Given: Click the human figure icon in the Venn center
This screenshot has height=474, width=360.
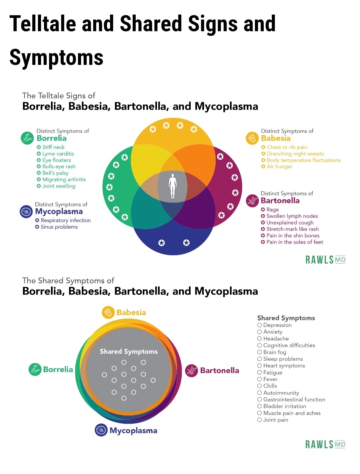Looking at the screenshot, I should pos(172,186).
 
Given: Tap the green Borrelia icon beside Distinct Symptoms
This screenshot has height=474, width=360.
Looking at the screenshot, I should pos(27,138).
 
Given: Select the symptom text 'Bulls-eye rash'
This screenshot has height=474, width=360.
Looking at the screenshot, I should pos(59,166).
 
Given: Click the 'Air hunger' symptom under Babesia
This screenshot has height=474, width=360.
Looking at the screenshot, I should pos(279,166).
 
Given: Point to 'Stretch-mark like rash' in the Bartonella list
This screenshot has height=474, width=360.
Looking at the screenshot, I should pos(292,229).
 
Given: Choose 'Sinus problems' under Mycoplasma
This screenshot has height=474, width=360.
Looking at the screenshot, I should pos(59,227).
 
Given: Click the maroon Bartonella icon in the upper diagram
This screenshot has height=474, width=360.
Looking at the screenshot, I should pos(252,200).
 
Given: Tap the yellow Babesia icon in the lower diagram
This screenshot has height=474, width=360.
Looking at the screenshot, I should pos(108,312).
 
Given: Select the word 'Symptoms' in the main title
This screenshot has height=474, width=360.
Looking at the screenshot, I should pos(56,57).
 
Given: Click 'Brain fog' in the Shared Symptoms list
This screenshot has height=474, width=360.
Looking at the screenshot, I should pos(275,352).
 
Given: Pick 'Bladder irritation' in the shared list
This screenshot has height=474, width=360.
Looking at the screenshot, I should pos(284,406).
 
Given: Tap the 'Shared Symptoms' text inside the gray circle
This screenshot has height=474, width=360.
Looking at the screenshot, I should pos(129,351).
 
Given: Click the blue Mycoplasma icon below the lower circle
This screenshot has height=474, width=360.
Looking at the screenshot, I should pos(101,430).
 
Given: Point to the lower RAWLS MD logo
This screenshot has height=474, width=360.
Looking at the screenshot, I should pos(325,444).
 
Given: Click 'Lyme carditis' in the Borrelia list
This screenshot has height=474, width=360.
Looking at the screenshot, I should pos(58,154).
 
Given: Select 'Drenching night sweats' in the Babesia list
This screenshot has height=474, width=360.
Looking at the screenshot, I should pos(295,154).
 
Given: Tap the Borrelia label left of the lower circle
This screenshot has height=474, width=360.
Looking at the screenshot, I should pos(58,369).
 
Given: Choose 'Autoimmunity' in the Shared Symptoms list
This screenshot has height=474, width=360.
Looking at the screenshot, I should pos(281,393).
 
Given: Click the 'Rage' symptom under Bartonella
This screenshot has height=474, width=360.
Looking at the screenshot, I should pos(272,210).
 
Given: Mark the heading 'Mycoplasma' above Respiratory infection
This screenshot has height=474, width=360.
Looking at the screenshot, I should pos(59,212).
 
